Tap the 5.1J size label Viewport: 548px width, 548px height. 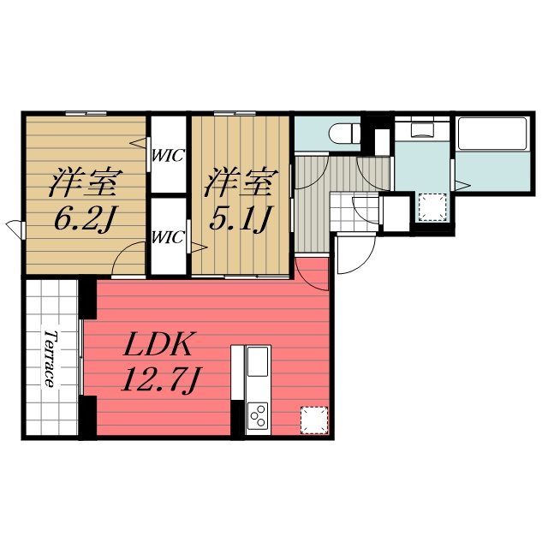(x=241, y=220)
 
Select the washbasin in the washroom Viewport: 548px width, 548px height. (x=421, y=130)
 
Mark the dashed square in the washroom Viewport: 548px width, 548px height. (x=432, y=205)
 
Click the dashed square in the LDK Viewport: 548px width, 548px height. (x=313, y=420)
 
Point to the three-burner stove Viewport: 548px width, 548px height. (x=258, y=417)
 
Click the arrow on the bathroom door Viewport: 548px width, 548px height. (x=462, y=183)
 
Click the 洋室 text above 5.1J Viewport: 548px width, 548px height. (x=241, y=182)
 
